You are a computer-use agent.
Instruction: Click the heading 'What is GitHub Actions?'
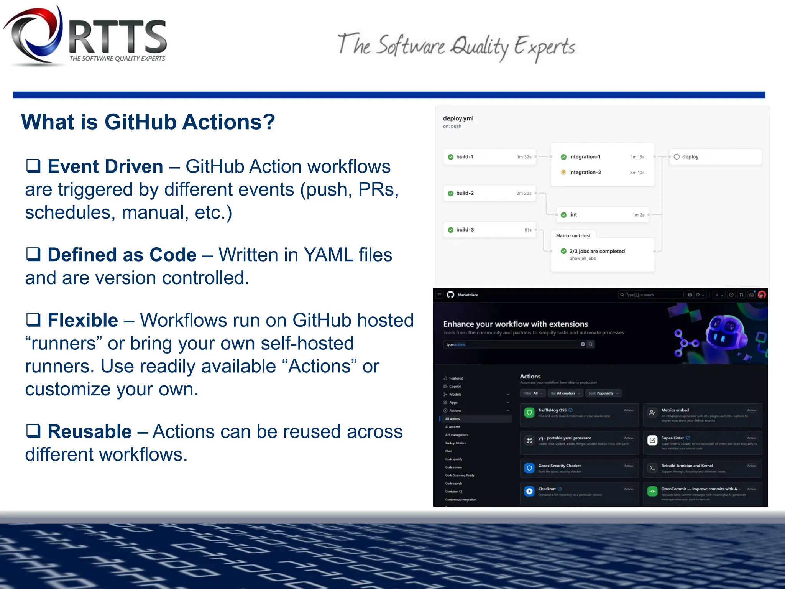click(148, 122)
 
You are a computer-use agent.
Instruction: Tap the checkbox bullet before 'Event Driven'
click(33, 166)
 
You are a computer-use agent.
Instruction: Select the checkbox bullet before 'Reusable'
click(33, 431)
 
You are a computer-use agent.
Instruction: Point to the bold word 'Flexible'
click(83, 320)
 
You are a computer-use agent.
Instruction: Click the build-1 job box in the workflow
click(489, 157)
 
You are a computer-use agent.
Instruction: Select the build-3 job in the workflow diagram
click(489, 230)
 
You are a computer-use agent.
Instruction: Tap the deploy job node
click(714, 157)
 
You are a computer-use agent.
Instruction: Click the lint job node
click(602, 215)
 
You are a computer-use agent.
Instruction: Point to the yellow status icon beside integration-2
click(563, 173)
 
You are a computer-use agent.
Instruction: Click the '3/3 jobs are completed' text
click(597, 251)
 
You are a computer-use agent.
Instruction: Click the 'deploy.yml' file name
click(458, 118)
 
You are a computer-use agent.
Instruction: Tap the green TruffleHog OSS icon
click(529, 413)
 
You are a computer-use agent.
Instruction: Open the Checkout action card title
click(547, 489)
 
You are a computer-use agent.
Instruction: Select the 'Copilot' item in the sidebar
click(455, 386)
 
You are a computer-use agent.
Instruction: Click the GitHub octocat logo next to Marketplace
click(450, 294)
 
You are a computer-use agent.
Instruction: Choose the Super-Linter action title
click(672, 438)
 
